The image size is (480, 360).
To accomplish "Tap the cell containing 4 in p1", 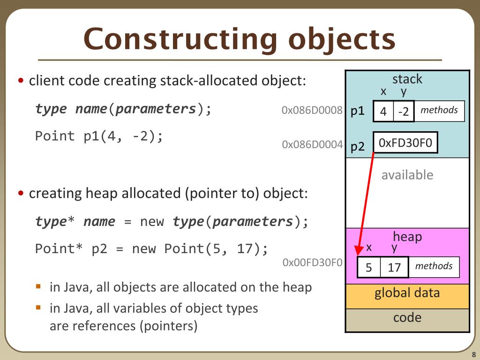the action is [383, 112].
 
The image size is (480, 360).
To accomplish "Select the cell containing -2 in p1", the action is [404, 112].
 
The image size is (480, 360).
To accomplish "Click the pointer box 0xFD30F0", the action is [405, 143].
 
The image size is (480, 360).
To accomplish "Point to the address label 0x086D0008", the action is [312, 111].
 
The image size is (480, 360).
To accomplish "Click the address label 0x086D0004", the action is [312, 144].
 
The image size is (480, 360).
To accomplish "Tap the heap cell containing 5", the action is [369, 268].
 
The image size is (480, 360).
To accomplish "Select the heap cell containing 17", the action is [394, 268].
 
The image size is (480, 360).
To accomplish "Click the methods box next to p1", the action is [439, 111].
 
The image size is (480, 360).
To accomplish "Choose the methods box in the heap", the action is [434, 267].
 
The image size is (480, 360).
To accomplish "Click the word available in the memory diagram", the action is [407, 175].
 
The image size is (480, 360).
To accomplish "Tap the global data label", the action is [407, 293].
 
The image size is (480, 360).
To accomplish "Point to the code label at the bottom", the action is [407, 318].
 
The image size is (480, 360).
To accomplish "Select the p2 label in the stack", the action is [358, 146].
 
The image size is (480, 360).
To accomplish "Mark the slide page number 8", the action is [473, 354].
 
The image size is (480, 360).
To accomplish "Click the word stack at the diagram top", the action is [407, 79].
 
